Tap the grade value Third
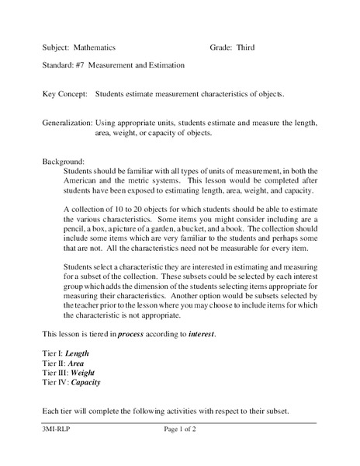click(244, 47)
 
